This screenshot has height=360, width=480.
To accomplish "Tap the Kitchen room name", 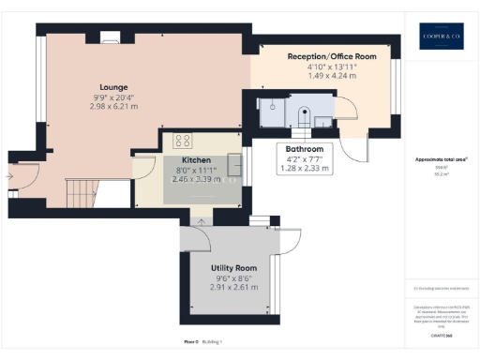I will (x=196, y=160).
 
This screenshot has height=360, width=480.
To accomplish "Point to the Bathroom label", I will (x=304, y=149).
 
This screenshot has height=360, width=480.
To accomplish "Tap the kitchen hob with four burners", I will (x=183, y=142).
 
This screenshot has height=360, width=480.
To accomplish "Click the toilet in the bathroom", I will (x=302, y=115).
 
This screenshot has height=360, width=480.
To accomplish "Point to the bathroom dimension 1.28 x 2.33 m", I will (x=304, y=170).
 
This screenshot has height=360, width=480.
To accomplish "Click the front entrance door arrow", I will (x=11, y=172).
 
